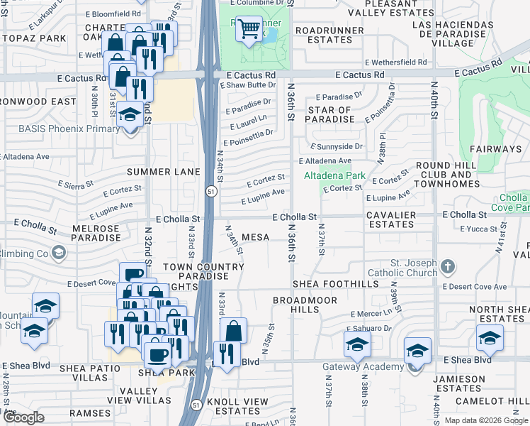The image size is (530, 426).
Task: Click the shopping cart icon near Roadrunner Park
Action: [249, 29]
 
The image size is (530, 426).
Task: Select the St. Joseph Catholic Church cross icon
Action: [446, 267]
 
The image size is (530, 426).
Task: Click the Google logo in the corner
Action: [23, 417]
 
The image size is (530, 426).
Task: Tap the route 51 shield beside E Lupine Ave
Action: [211, 192]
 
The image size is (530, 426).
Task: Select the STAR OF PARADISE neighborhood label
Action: [329, 114]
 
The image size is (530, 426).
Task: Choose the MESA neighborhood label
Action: [255, 236]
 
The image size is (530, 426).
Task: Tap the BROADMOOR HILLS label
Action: [306, 305]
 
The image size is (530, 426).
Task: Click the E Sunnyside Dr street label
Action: [339, 146]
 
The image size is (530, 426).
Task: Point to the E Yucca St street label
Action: [480, 229]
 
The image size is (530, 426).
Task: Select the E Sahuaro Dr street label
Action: [368, 329]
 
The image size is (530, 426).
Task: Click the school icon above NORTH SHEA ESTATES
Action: [490, 339]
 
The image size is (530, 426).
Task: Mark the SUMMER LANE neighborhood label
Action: [159, 172]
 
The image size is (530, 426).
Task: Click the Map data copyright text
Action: [485, 420]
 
